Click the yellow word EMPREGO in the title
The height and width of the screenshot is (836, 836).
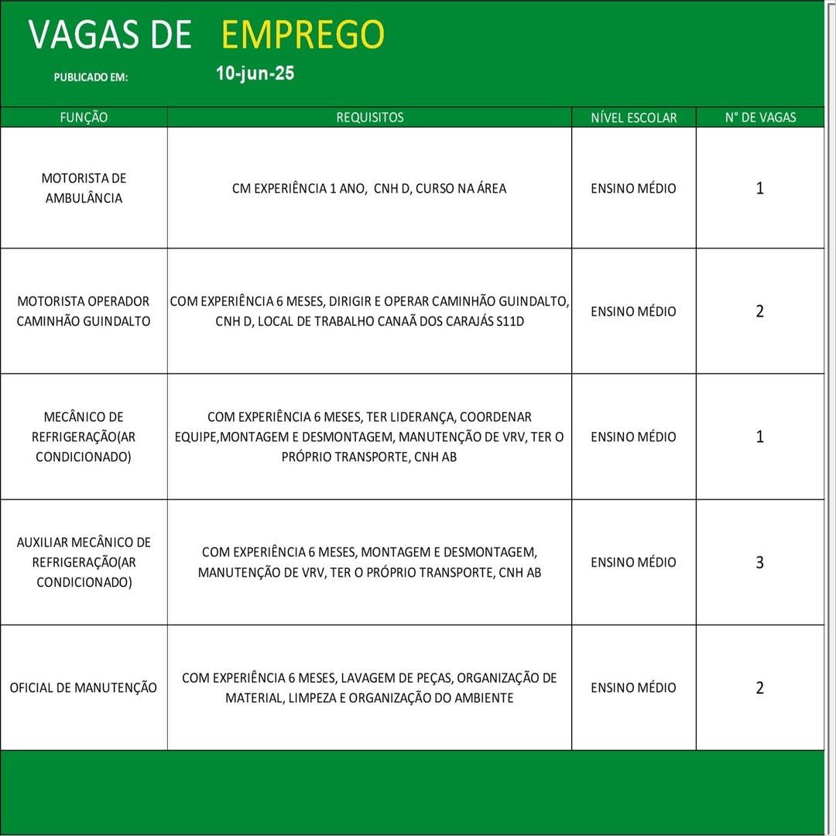click(x=303, y=35)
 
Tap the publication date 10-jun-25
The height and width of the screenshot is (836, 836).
click(x=255, y=74)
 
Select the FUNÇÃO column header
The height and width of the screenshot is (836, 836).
click(x=84, y=118)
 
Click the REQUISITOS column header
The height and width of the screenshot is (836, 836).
click(x=369, y=118)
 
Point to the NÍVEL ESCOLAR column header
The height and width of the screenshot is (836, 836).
click(x=633, y=118)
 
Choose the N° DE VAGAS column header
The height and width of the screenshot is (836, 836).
click(x=760, y=118)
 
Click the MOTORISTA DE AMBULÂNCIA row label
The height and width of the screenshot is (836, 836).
click(x=84, y=188)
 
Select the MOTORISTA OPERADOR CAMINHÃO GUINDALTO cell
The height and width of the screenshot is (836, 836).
click(x=84, y=311)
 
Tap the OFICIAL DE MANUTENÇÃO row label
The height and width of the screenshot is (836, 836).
click(x=84, y=687)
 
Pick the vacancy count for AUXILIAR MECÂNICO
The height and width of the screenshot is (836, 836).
click(x=759, y=563)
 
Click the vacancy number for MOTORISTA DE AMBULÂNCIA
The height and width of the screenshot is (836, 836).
click(x=759, y=188)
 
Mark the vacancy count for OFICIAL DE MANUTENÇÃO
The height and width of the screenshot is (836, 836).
click(x=759, y=688)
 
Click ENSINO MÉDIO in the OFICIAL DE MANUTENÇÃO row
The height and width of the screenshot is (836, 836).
click(x=633, y=687)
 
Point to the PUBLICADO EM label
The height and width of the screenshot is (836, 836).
click(x=91, y=77)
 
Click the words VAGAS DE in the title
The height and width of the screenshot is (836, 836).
click(x=110, y=35)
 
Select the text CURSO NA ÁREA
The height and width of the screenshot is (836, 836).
click(x=461, y=188)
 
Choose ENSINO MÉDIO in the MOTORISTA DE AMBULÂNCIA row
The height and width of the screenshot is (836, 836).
click(x=633, y=188)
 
